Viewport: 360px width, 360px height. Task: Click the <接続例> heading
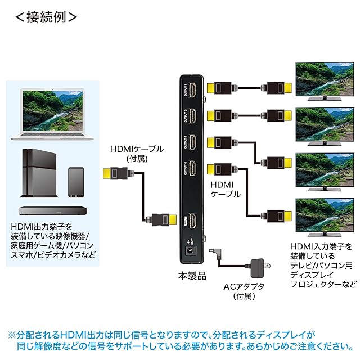(x=45, y=16)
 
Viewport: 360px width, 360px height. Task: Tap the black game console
(x=39, y=172)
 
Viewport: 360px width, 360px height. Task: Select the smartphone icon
(x=75, y=181)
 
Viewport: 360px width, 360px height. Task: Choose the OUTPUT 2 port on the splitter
(x=192, y=116)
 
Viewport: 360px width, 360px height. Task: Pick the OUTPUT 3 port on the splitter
(x=192, y=142)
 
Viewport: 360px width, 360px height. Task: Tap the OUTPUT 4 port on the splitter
(x=192, y=168)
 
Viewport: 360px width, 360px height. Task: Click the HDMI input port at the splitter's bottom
(x=192, y=220)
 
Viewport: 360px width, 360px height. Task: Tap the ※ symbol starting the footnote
(x=12, y=334)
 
